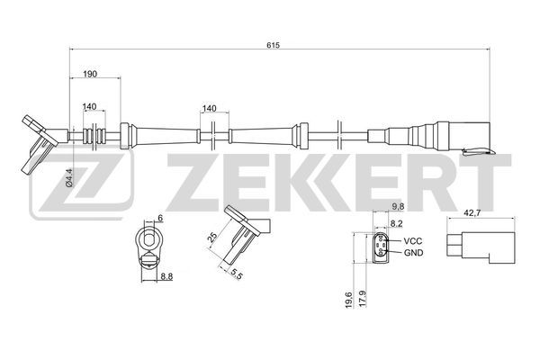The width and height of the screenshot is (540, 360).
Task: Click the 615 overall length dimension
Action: coord(273,45)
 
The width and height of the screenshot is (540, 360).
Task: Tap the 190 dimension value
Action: coord(90,74)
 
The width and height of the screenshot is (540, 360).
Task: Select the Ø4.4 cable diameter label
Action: coord(69,178)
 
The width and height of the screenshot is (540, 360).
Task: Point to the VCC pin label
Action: coord(413,241)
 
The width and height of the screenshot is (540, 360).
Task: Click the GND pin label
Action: coord(414,253)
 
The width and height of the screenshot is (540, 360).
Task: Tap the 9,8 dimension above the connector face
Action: coord(398,207)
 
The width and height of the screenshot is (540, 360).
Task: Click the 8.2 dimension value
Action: coord(396,223)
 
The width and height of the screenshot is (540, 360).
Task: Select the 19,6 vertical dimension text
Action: coord(349,299)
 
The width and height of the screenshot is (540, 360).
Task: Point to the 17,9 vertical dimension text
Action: coord(362,299)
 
